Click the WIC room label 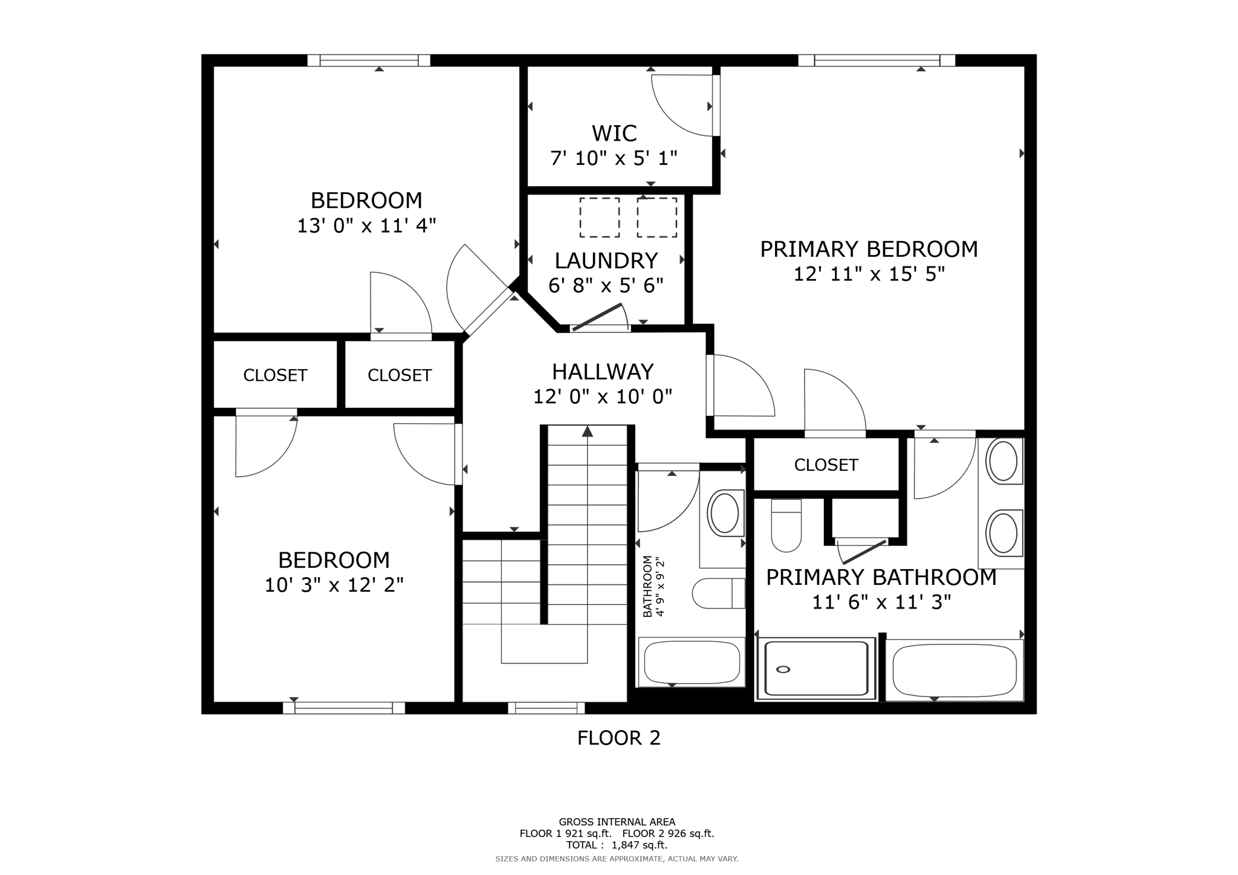coord(614,133)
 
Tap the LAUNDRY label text coord(606,260)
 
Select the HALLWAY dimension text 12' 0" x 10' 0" coord(602,396)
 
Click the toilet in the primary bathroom coord(786,526)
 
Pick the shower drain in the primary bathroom coord(783,669)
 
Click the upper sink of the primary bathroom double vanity coord(1003,461)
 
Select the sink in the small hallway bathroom coord(724,512)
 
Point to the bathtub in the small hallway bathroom coord(692,662)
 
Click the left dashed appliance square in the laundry coord(599,217)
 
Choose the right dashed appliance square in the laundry coord(656,217)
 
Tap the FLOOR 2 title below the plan coord(618,738)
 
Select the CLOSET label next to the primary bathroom coord(826,465)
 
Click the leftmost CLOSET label coord(275,375)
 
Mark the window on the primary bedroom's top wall coord(877,60)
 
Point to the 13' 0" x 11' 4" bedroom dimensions coord(366,226)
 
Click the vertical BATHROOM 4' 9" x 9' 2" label coord(653,586)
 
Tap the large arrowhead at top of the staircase coord(587,431)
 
